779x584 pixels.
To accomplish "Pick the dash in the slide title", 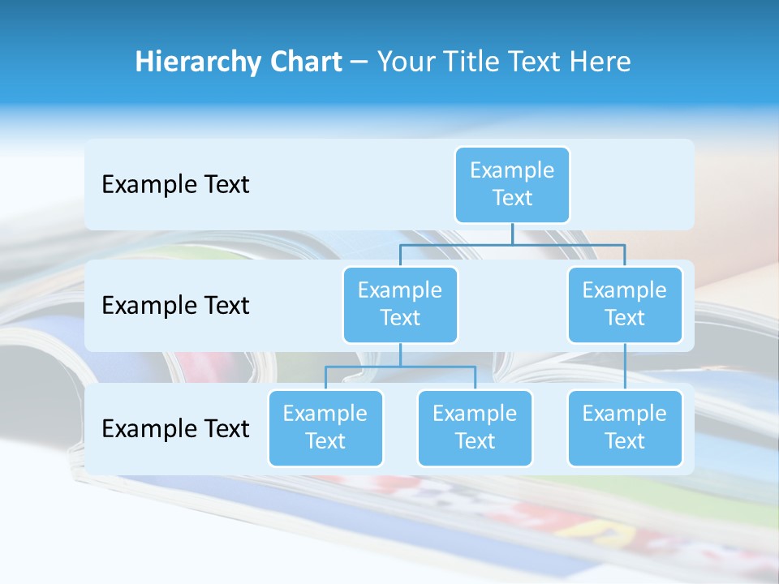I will (x=359, y=62).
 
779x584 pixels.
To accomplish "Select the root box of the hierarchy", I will (x=512, y=184).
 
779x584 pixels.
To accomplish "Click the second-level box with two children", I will (x=400, y=304).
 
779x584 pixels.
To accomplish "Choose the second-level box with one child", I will (x=625, y=304).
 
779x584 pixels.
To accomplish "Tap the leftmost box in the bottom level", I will (x=325, y=427).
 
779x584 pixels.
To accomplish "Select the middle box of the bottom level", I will (x=475, y=427).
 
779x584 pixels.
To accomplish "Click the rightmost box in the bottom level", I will (x=625, y=427).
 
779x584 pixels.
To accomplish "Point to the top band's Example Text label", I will (x=175, y=184).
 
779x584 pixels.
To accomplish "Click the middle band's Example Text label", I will (x=175, y=305).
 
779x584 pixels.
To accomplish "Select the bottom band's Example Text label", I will (x=175, y=428).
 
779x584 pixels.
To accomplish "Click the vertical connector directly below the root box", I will (x=512, y=234).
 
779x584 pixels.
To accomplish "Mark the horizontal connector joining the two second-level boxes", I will (x=512, y=244).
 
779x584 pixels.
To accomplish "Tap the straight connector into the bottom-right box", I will (x=625, y=367).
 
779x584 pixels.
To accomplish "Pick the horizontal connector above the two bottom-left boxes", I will (x=400, y=367).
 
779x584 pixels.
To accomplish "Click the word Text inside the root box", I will (x=512, y=198).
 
